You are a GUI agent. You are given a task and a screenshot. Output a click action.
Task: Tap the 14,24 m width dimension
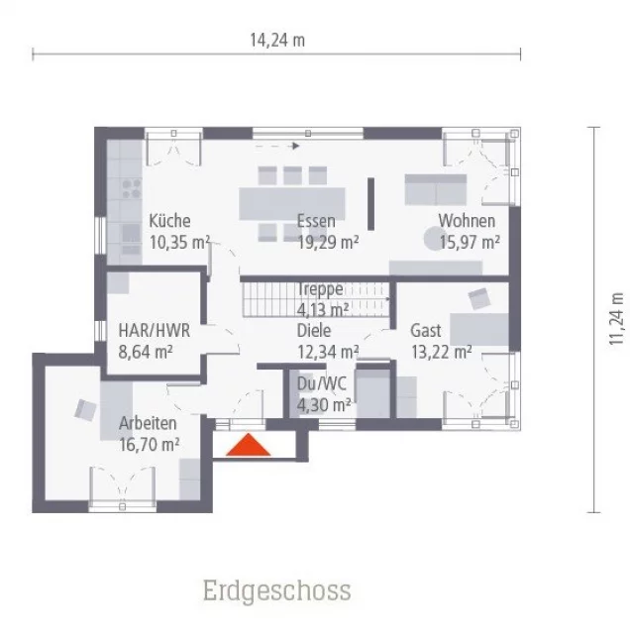click(x=276, y=41)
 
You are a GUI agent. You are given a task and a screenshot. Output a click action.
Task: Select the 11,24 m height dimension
click(x=617, y=319)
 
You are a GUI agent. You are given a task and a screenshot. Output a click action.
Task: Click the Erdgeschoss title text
click(x=276, y=591)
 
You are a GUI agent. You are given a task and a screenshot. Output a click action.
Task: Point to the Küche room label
click(x=169, y=221)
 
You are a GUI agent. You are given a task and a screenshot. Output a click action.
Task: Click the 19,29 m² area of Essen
click(x=328, y=241)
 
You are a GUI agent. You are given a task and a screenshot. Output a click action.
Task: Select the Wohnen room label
click(x=467, y=221)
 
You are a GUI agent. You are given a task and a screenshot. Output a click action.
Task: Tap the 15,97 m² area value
click(x=469, y=241)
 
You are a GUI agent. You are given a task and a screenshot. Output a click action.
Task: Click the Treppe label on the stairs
click(x=320, y=289)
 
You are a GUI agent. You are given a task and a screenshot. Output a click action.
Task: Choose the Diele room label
click(x=314, y=331)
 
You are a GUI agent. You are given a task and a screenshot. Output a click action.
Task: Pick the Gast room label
click(x=426, y=331)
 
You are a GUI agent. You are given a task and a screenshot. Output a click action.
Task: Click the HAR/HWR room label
click(x=154, y=331)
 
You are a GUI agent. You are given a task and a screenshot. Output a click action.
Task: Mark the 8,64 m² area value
click(x=147, y=351)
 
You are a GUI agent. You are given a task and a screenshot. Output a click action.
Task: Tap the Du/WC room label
click(x=319, y=384)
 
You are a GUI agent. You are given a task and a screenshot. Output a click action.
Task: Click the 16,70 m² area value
click(x=150, y=444)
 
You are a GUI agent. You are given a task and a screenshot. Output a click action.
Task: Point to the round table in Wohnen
click(x=434, y=238)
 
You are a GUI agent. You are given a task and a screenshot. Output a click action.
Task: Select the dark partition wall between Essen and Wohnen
click(x=371, y=202)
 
